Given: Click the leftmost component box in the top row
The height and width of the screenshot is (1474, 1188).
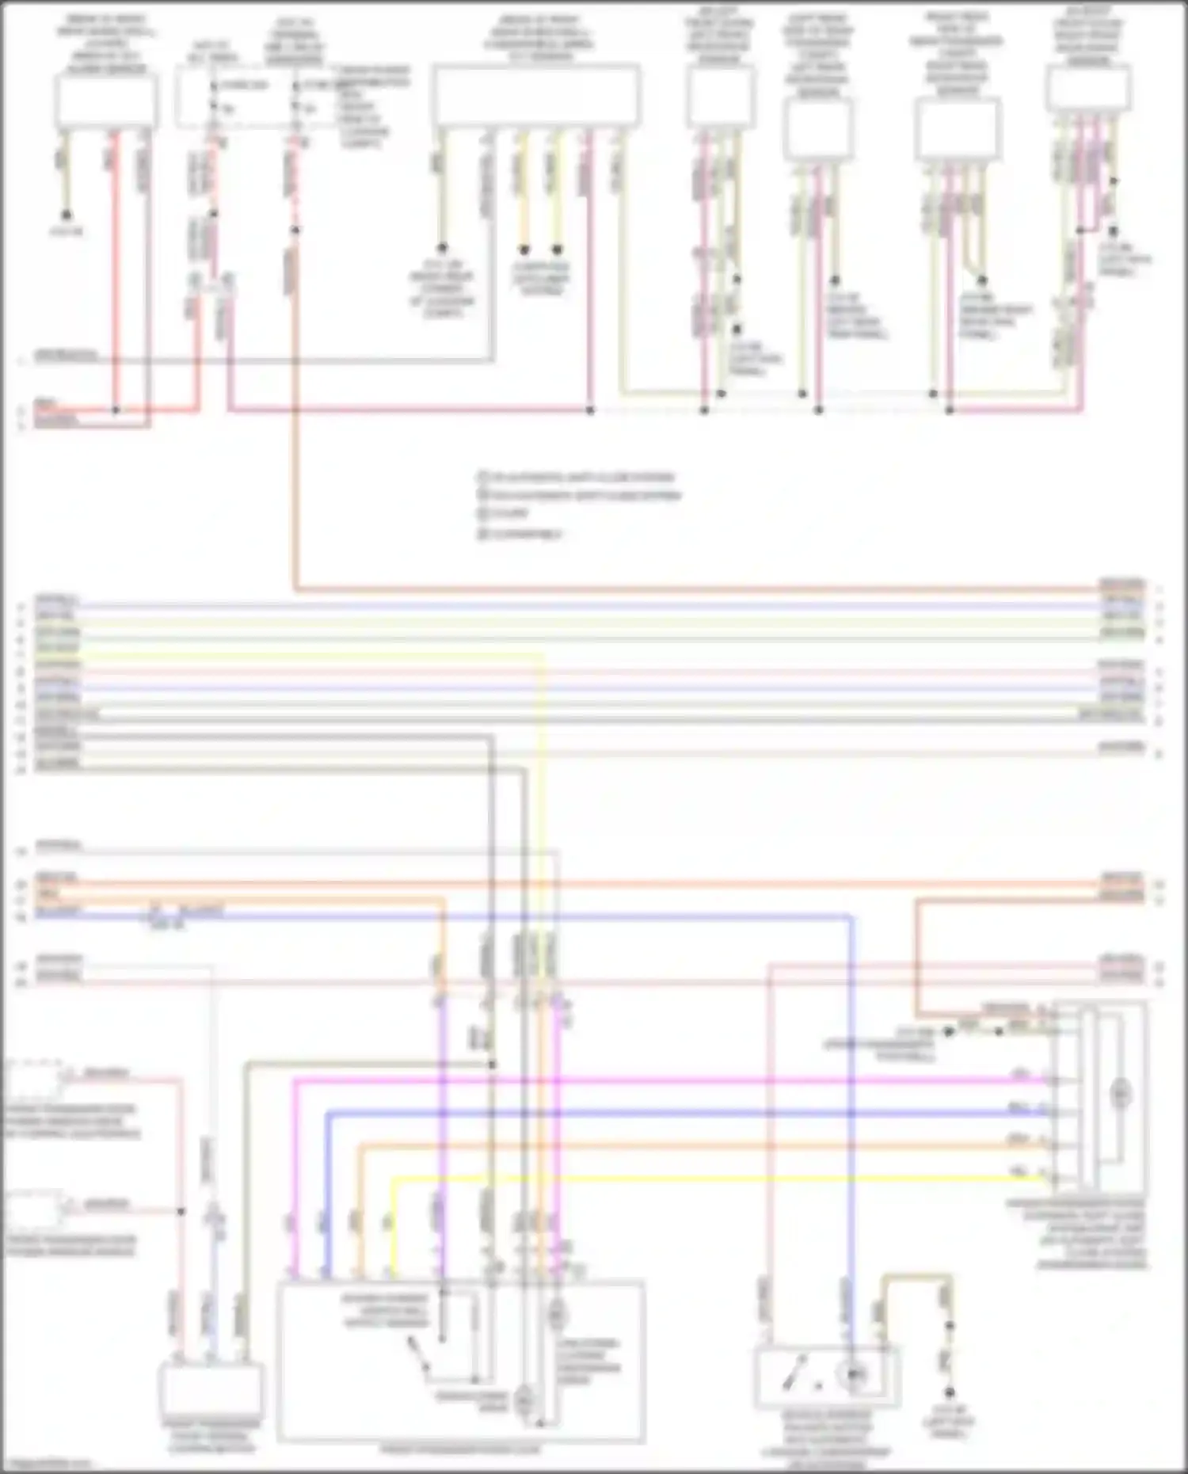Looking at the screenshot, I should (105, 101).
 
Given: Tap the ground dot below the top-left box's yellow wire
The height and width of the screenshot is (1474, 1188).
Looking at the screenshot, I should (67, 215).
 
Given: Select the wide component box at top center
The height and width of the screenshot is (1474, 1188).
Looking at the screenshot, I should (536, 95).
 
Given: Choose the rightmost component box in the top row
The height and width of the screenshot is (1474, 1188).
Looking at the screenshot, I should (1088, 89).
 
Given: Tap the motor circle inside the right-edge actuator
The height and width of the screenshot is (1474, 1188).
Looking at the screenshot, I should (1119, 1094).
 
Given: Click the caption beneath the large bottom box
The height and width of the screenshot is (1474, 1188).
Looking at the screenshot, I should (460, 1449).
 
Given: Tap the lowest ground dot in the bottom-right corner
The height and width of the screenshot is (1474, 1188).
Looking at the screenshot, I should (949, 1392).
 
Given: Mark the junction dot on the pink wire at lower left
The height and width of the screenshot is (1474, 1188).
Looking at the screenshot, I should (181, 1211).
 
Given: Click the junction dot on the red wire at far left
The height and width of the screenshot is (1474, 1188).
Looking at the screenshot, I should (116, 410).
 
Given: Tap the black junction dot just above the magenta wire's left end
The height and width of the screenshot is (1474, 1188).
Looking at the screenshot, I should (492, 1065).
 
